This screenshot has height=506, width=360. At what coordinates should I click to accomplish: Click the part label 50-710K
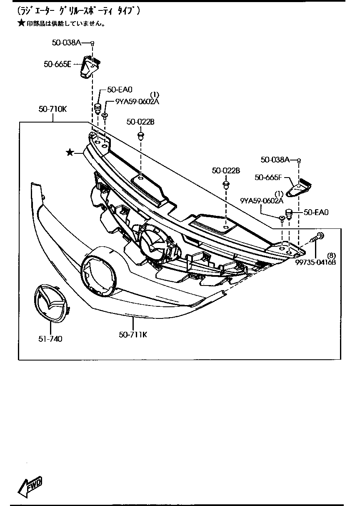[52, 109]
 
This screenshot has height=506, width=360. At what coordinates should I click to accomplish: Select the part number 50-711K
[133, 334]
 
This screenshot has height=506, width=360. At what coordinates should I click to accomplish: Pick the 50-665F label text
[268, 178]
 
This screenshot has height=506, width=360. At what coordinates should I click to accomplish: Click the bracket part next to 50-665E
[89, 67]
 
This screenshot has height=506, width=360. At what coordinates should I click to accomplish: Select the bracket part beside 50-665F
[301, 188]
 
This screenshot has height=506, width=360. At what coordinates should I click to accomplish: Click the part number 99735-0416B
[316, 262]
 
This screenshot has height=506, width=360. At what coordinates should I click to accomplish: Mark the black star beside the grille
[70, 153]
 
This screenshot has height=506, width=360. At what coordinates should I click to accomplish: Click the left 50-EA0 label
[120, 89]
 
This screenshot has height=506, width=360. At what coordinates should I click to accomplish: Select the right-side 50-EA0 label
[316, 212]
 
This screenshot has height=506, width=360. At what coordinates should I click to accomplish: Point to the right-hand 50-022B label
[226, 170]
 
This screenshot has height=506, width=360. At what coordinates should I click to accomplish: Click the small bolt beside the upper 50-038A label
[92, 43]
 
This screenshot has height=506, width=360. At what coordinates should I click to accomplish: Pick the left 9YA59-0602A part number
[131, 101]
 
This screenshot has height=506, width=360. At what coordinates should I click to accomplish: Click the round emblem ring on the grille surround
[98, 272]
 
